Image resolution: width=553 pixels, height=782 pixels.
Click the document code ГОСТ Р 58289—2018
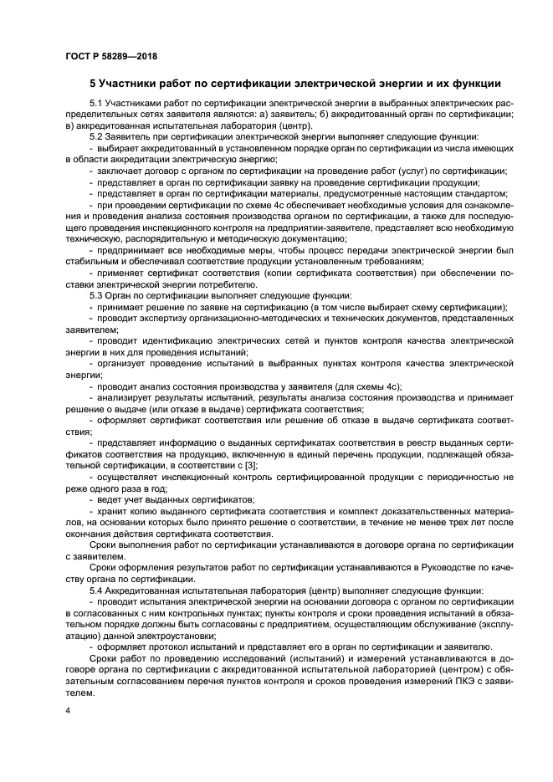[x=110, y=56]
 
